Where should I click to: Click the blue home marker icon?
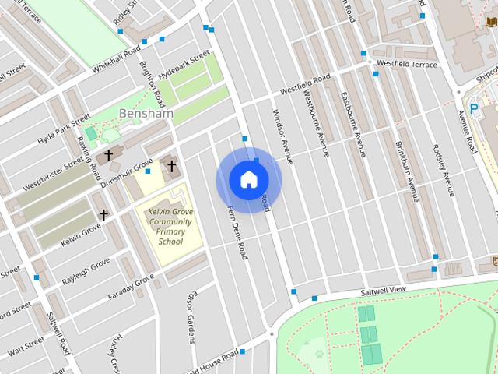(248, 180)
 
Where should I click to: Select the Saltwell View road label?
(383, 291)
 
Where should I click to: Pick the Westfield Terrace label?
(406, 64)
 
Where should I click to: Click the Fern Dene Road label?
(236, 231)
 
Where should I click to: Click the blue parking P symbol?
(474, 110)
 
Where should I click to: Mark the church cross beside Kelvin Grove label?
(103, 213)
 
